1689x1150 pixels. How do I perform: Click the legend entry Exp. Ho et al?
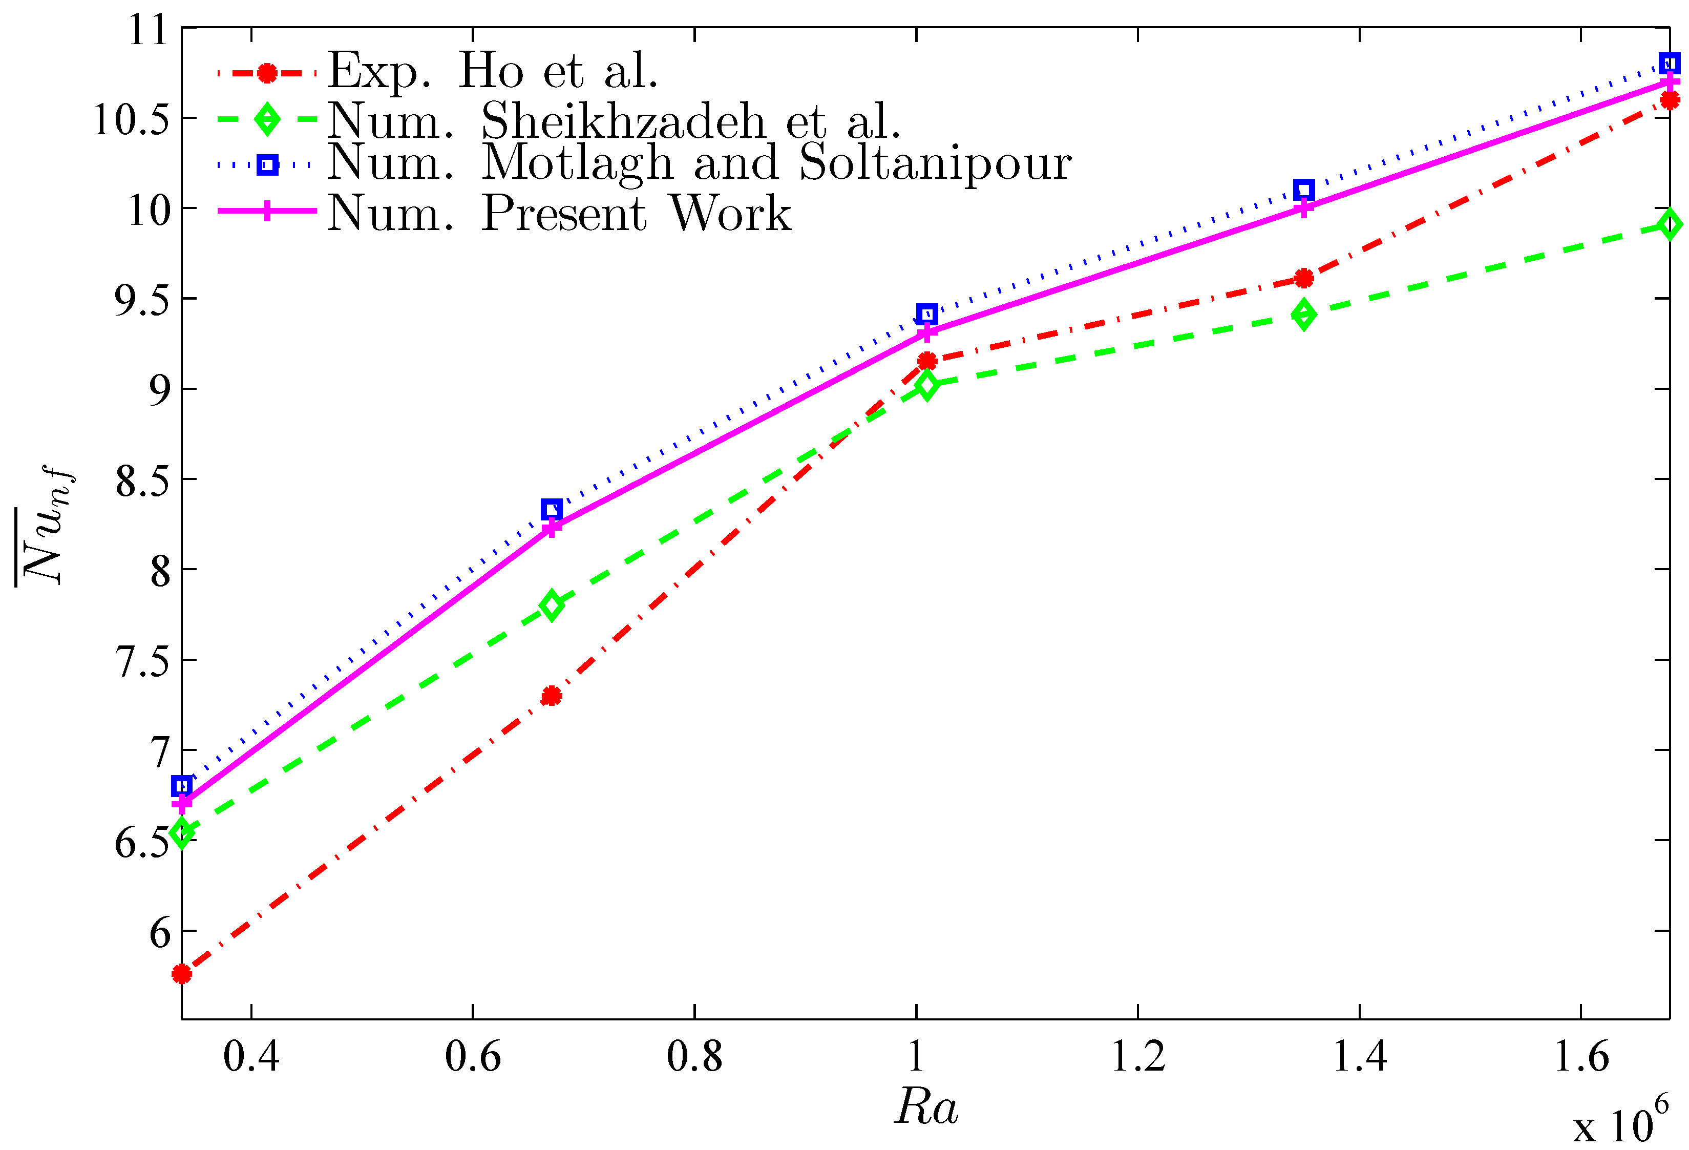pos(493,71)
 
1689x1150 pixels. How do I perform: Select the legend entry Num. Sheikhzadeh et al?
pos(614,121)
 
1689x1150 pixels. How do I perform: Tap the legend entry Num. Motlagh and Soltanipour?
pos(699,163)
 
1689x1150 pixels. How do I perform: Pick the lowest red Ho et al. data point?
pos(182,974)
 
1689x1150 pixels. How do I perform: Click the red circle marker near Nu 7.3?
pos(552,696)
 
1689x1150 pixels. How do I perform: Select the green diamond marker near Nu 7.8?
pos(552,605)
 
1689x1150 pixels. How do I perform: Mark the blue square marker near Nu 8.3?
pos(552,509)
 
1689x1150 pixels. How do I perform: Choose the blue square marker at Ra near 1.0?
pos(926,314)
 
